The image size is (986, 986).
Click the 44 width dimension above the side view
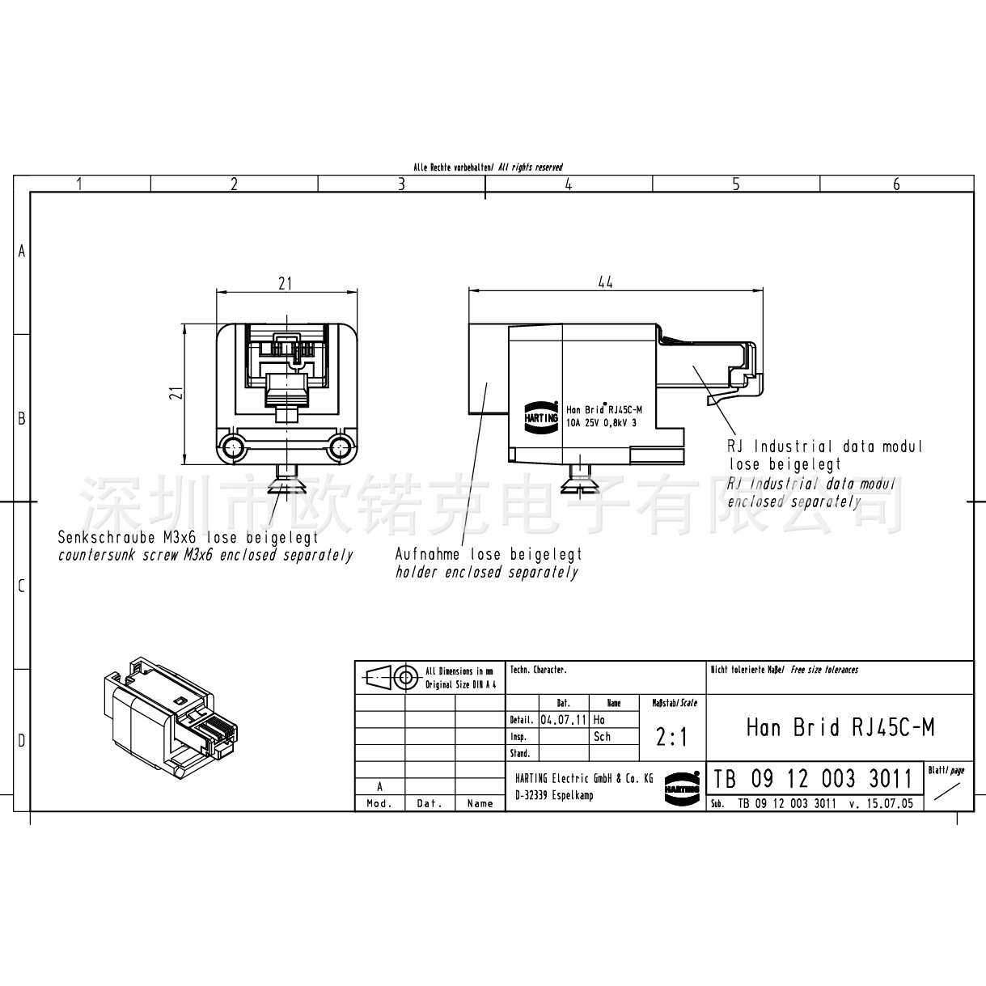point(605,281)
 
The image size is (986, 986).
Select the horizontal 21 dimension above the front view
point(285,283)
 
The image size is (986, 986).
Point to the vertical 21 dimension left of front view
point(179,393)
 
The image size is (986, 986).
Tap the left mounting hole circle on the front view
point(235,446)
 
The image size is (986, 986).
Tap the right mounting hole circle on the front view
point(341,446)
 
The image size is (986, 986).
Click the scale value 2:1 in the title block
point(671,737)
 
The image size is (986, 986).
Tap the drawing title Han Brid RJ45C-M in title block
point(840,727)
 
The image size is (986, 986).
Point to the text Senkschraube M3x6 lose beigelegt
point(188,537)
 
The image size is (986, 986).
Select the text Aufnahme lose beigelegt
point(488,555)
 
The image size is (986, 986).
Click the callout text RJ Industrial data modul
point(825,446)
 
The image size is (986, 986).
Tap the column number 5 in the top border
point(735,184)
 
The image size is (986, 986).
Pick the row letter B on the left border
point(22,419)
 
